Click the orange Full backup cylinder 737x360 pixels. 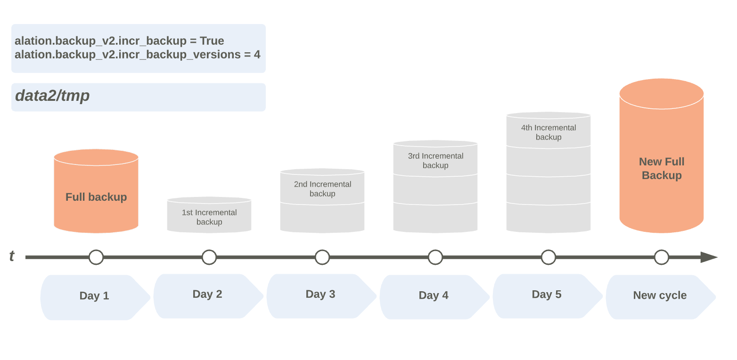96,191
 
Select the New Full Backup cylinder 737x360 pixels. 661,155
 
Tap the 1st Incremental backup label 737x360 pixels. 209,217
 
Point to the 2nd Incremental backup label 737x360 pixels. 322,189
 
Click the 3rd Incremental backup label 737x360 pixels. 435,161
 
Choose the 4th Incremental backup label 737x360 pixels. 549,132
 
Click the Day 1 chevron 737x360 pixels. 95,297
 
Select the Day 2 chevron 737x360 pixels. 209,296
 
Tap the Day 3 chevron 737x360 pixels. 322,296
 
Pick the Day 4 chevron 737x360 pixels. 434,297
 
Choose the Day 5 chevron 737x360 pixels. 548,296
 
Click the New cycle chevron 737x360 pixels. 661,297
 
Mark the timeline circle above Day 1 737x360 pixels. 96,257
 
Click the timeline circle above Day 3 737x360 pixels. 322,257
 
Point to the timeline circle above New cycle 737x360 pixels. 661,257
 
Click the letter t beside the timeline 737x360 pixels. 12,256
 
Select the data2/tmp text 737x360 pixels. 52,96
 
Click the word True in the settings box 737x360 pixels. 212,41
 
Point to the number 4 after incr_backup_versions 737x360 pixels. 257,54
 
